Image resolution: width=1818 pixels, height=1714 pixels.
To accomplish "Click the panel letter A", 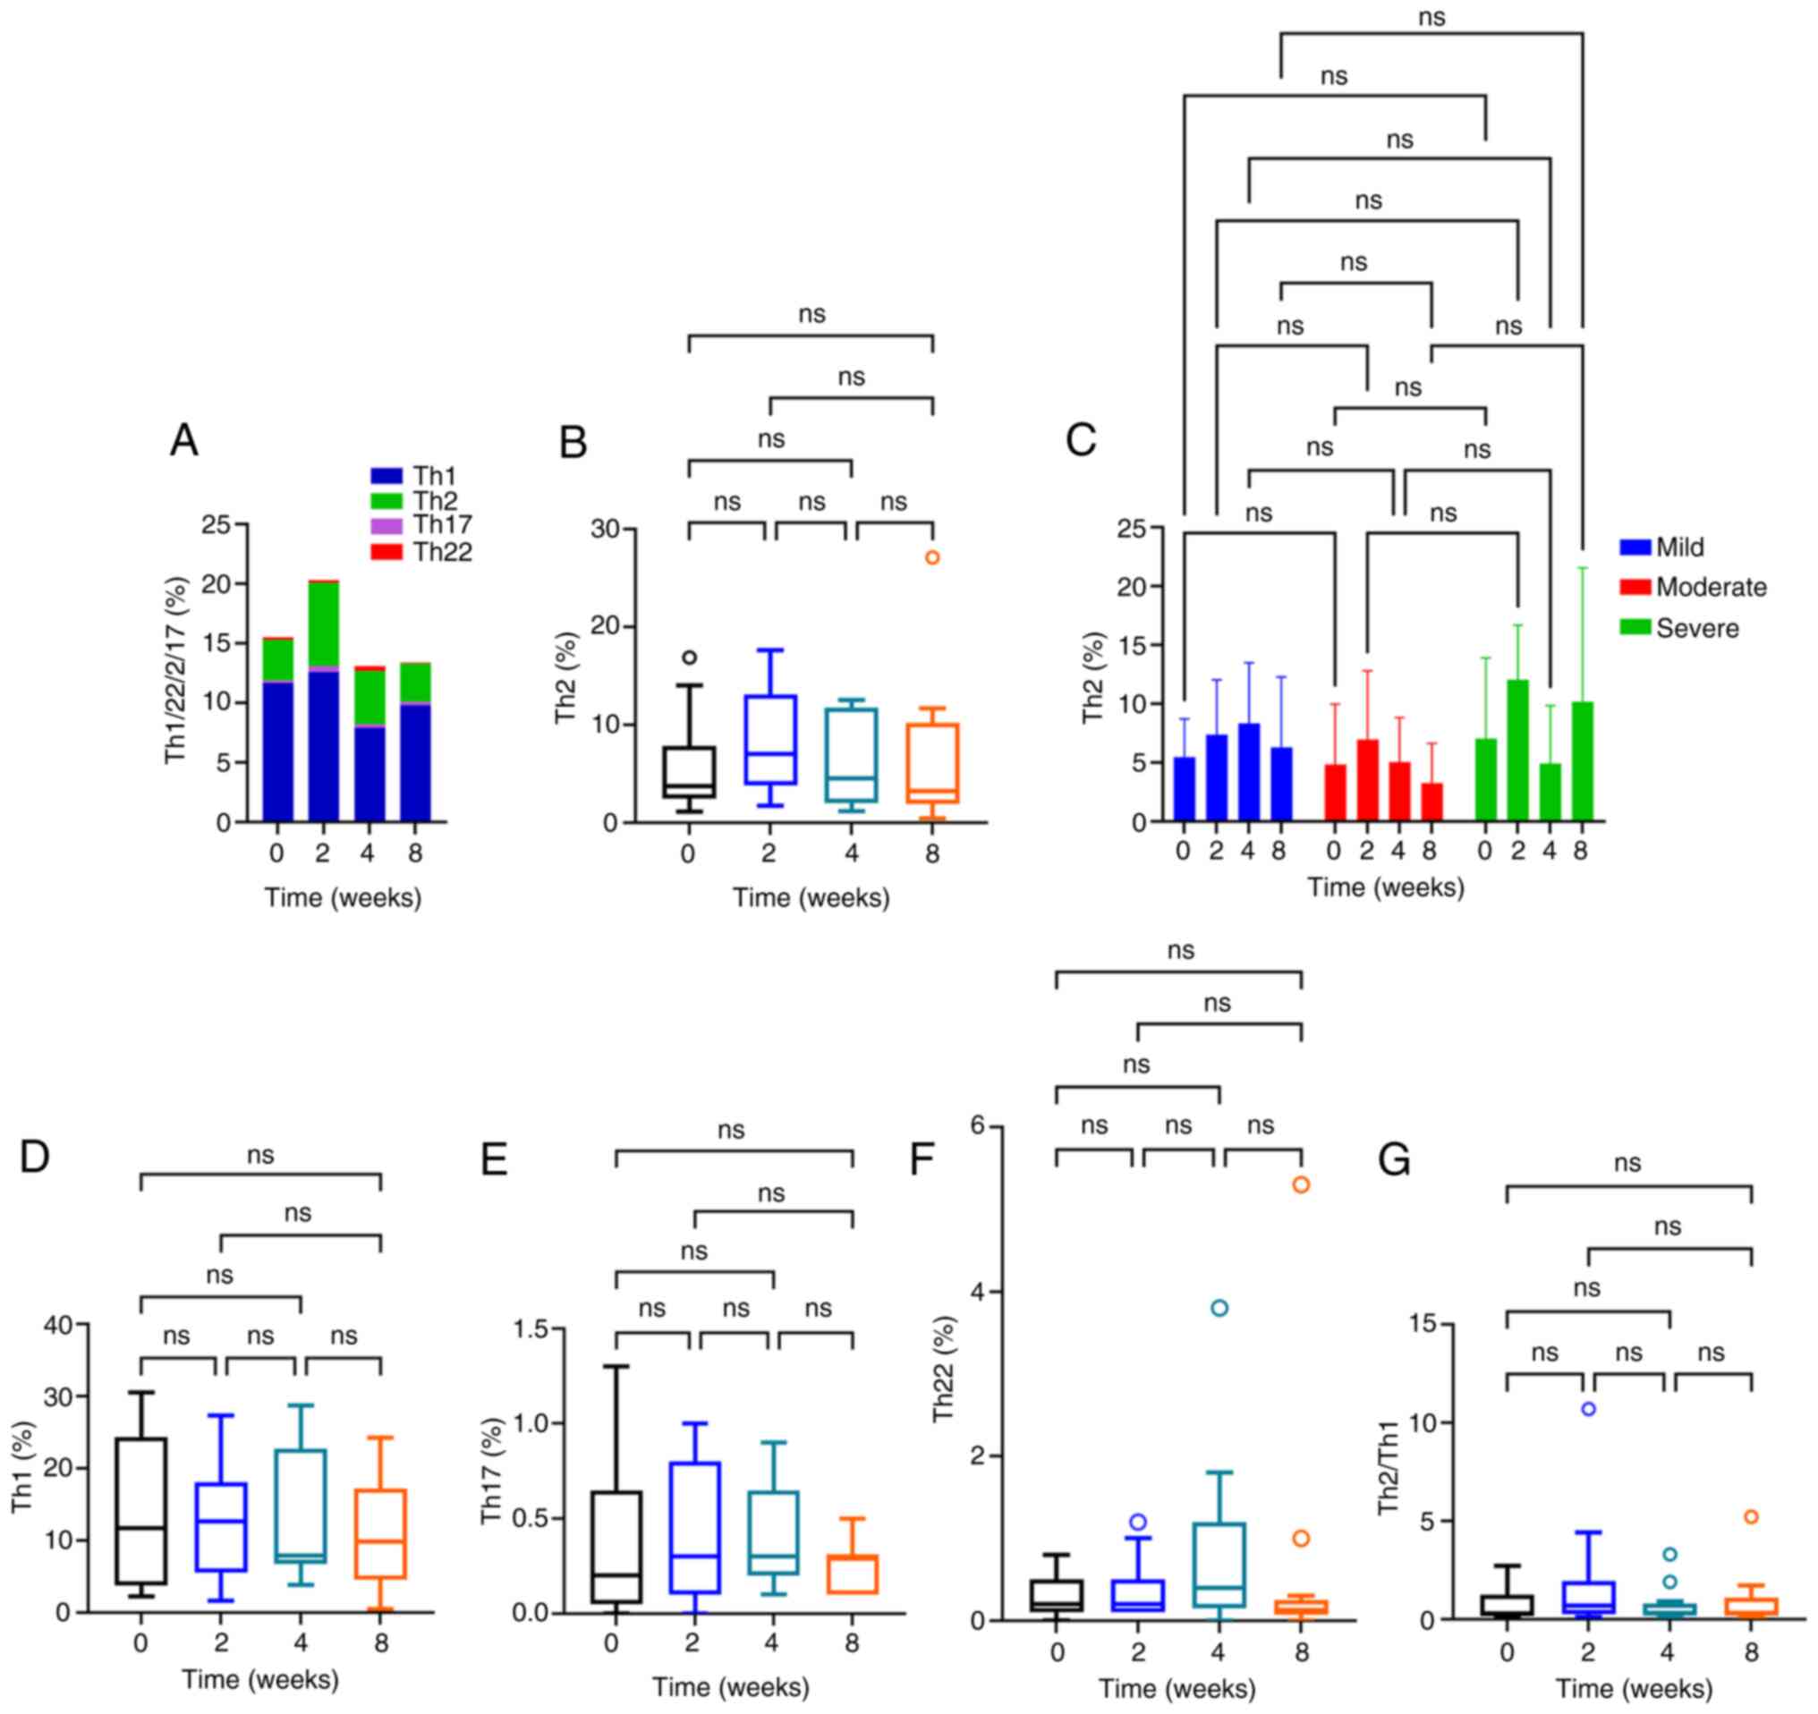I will (183, 442).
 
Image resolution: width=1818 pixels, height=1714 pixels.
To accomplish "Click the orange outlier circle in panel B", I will (932, 557).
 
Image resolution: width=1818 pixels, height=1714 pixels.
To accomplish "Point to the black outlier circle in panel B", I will (690, 658).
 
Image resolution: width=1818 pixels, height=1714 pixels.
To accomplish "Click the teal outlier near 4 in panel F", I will (1219, 1308).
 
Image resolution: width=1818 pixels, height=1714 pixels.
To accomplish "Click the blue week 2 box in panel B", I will (770, 740).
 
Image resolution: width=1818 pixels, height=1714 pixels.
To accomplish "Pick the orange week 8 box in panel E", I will (853, 1574).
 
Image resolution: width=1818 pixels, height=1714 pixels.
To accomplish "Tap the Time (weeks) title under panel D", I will (260, 1679).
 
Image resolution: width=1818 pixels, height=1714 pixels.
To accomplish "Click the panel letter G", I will (1394, 1162).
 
